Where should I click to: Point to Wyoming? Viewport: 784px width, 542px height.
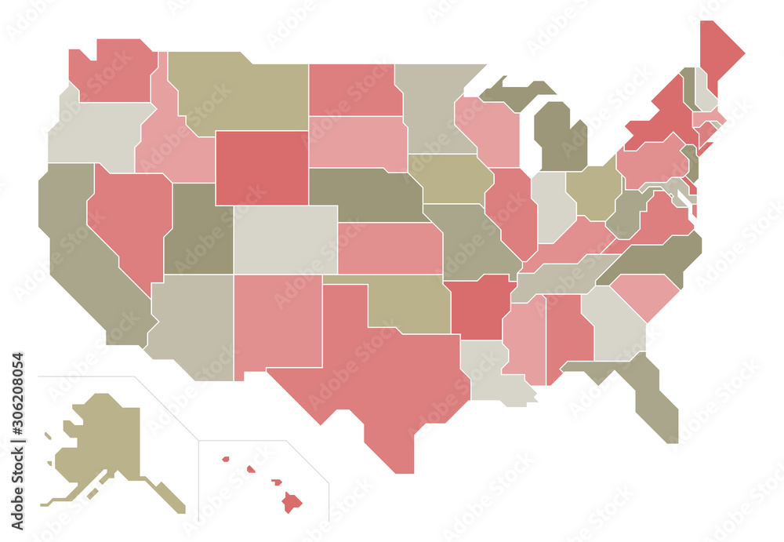(261, 167)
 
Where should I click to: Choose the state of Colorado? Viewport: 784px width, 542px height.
(285, 239)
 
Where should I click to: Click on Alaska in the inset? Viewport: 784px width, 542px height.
(102, 439)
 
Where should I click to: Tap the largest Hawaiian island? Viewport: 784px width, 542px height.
(292, 500)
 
